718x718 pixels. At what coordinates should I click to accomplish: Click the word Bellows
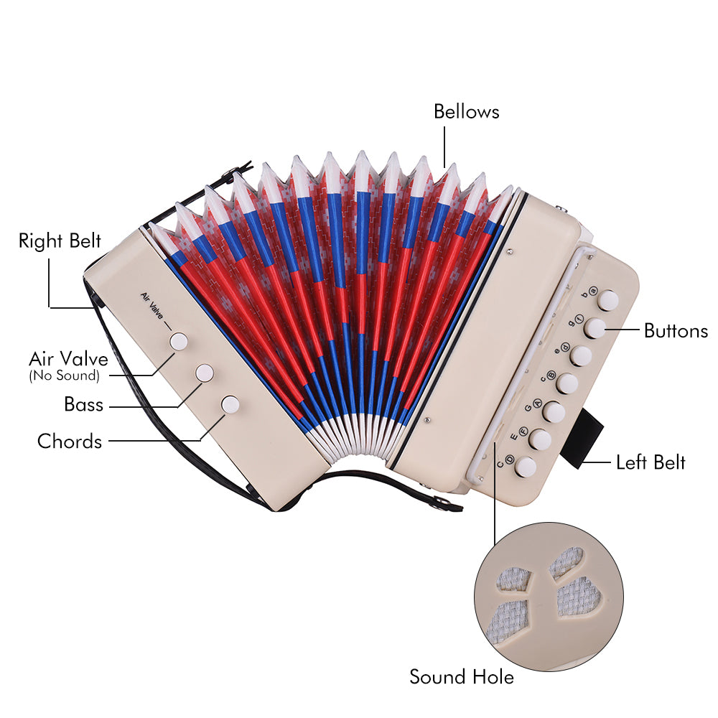tap(466, 112)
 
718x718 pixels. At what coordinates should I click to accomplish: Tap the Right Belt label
tap(60, 240)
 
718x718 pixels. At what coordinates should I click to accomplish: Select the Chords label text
tap(70, 441)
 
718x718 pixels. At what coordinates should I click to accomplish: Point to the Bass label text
tap(84, 404)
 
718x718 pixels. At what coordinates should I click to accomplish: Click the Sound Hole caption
tap(462, 676)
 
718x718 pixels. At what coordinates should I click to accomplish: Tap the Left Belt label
tap(651, 462)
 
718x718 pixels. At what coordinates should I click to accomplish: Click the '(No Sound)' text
tap(64, 376)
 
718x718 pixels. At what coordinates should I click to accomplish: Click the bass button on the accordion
tap(205, 372)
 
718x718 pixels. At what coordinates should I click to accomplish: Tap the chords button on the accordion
tap(230, 404)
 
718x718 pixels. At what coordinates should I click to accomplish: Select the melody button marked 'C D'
tap(526, 467)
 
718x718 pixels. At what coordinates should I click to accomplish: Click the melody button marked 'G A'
tap(553, 411)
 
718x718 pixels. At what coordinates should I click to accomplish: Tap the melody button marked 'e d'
tap(581, 356)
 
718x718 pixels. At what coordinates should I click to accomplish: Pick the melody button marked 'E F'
tap(539, 439)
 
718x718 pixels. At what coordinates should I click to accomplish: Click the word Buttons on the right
tap(676, 331)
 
